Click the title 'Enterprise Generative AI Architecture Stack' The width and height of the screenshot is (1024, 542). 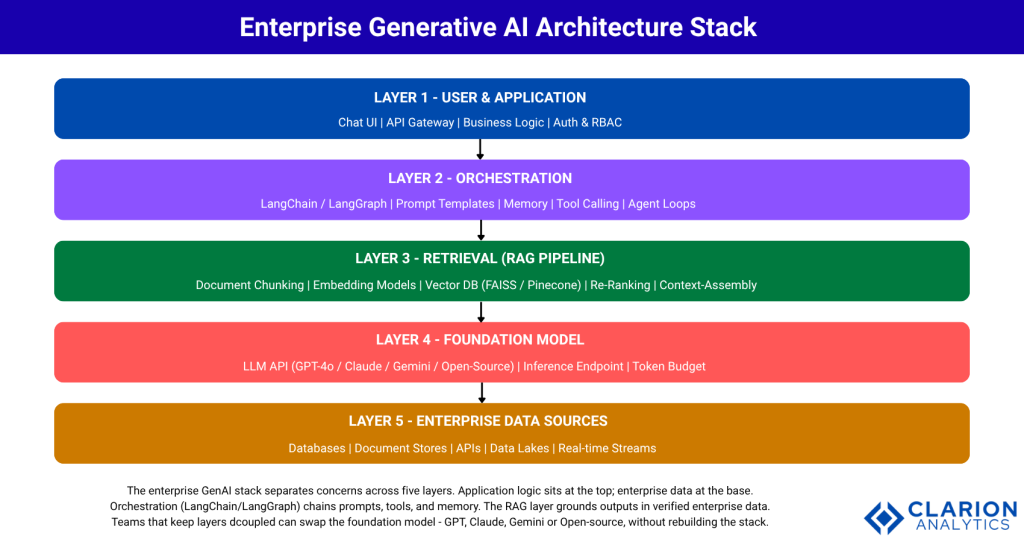coord(497,27)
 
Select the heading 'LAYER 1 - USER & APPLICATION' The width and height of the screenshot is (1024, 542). coord(480,97)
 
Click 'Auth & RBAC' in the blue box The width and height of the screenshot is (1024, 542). coord(588,122)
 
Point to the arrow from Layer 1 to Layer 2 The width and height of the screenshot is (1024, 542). coord(480,149)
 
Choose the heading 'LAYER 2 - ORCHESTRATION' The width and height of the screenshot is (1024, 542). coord(480,178)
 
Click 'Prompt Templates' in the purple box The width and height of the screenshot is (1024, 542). coord(444,203)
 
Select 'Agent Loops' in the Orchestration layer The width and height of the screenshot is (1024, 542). coord(662,203)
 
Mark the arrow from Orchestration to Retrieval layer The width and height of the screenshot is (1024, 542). coord(481,230)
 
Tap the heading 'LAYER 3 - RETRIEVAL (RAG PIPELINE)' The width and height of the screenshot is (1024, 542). coord(480,259)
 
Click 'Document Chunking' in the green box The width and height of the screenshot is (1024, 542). coord(249,285)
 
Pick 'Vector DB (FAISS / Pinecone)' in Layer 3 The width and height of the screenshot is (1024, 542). coord(503,285)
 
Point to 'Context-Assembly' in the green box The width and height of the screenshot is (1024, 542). coord(708,285)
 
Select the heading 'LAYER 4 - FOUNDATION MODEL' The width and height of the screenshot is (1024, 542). coord(480,340)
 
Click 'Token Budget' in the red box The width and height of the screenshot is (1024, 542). coord(667,366)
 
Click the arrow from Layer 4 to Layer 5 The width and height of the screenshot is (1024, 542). coord(482,392)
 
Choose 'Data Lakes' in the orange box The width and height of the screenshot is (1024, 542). coord(519,448)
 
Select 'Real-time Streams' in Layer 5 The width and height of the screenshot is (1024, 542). coord(607,448)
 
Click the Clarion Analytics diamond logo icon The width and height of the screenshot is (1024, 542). coord(884,517)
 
